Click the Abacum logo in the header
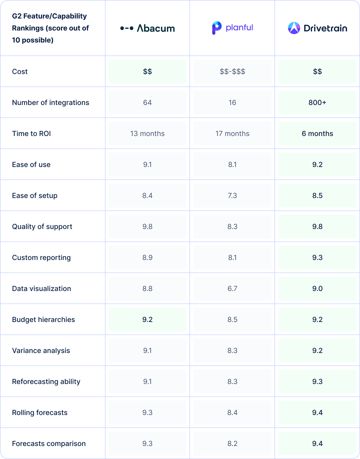[147, 28]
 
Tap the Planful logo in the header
[232, 28]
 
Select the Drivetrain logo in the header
[317, 28]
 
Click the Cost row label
[20, 71]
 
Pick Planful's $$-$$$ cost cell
[232, 71]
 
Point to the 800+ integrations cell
[317, 102]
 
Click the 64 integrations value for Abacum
[147, 102]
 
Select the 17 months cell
[232, 133]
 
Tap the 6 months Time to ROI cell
[317, 133]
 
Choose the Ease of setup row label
[35, 195]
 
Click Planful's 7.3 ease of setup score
[232, 195]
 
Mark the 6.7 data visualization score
[232, 288]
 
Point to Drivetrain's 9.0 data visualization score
[317, 288]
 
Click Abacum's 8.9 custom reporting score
[147, 257]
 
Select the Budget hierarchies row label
[43, 319]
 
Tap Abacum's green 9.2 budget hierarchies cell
[147, 319]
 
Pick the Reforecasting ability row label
[46, 381]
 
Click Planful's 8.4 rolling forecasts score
[232, 412]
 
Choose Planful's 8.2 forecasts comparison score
[232, 443]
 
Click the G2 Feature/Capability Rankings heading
[50, 28]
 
